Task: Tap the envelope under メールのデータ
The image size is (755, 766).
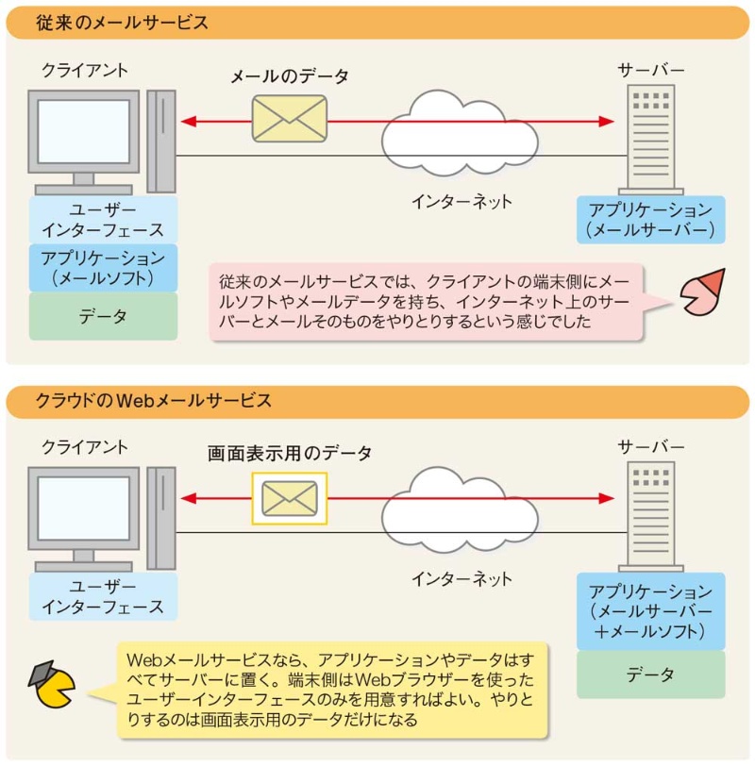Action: [289, 119]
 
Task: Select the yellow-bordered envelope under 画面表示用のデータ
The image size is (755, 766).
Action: [289, 497]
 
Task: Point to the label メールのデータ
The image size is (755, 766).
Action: [290, 77]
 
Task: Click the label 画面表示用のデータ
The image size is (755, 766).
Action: [290, 453]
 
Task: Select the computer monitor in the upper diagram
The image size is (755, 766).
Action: [85, 132]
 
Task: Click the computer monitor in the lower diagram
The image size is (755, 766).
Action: [85, 509]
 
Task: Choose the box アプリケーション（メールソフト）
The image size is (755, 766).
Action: [104, 268]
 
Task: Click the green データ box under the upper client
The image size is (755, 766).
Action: [104, 317]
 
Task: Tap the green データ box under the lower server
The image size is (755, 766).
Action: [651, 674]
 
